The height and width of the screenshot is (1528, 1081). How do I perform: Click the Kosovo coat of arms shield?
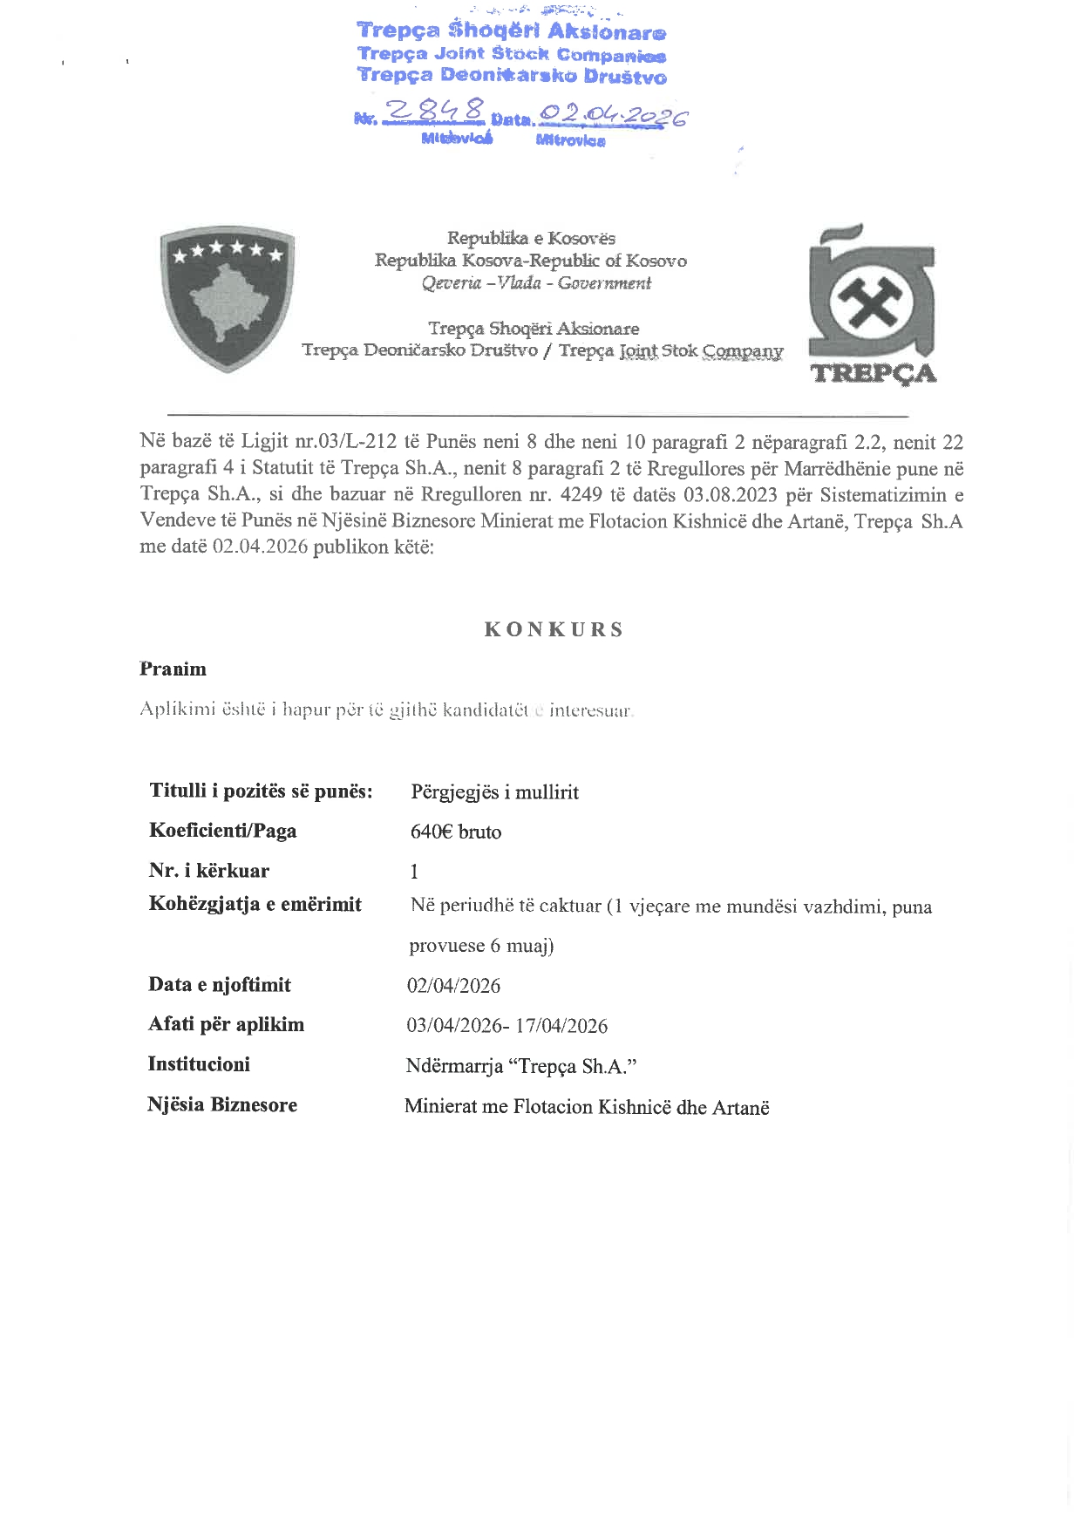coord(228,297)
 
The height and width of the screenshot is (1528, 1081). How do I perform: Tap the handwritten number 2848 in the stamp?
coord(435,112)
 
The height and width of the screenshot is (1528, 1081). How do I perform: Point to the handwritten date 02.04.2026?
coord(613,115)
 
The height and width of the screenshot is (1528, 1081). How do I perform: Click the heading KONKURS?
coord(554,629)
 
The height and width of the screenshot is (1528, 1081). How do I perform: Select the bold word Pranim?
coord(173,669)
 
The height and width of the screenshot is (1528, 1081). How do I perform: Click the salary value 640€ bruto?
coord(455,832)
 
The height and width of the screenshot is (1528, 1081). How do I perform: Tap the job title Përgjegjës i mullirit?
coord(494,792)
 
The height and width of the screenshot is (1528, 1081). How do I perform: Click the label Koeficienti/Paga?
coord(223,830)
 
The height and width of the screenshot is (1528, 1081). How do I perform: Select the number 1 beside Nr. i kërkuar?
coord(414,872)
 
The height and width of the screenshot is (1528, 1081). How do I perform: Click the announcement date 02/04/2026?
coord(453,986)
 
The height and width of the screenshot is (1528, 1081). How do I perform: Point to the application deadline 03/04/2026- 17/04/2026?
coord(507,1026)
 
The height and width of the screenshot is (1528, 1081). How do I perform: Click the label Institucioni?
coord(199,1064)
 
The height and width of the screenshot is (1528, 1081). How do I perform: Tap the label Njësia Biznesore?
coord(222,1105)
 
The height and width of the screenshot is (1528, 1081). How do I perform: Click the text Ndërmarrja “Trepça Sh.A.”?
coord(521,1066)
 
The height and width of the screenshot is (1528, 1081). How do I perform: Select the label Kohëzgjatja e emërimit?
coord(255,904)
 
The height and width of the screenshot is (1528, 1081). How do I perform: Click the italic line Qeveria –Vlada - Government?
coord(536,282)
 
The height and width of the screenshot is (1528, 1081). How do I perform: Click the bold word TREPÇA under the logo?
coord(874,373)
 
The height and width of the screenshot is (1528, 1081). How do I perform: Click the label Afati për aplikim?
coord(227,1024)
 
